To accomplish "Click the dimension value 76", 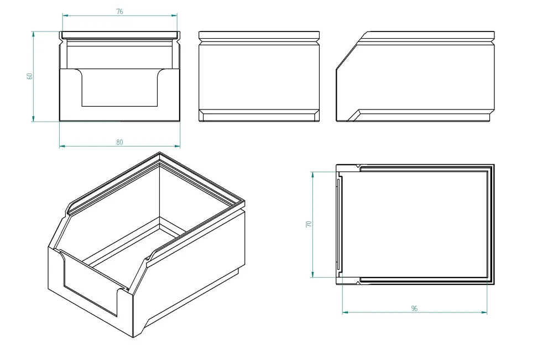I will coord(120,12).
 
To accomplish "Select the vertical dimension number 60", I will coord(30,76).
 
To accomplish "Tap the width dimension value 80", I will coord(120,142).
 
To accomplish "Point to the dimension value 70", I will coord(309,224).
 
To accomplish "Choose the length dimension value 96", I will coord(414,309).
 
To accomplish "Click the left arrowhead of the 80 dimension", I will coord(61,146).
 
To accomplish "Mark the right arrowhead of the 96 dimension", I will coord(485,312).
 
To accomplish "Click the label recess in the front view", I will coord(119,88).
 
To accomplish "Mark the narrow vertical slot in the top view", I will coord(338,224).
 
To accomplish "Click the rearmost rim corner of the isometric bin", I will coord(159,154).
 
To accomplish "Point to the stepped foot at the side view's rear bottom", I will coord(490,116).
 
